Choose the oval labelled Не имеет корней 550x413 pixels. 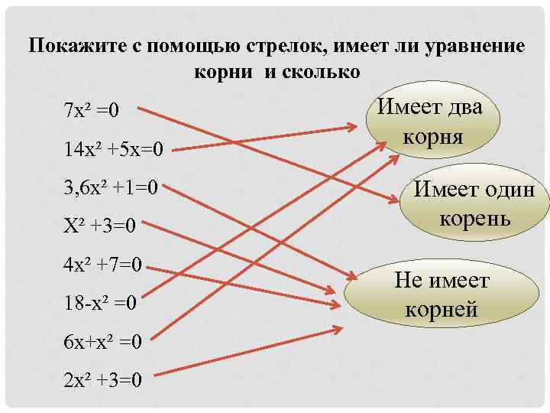click(x=442, y=295)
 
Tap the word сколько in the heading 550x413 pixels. click(x=321, y=71)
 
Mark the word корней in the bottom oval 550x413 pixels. click(x=442, y=310)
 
